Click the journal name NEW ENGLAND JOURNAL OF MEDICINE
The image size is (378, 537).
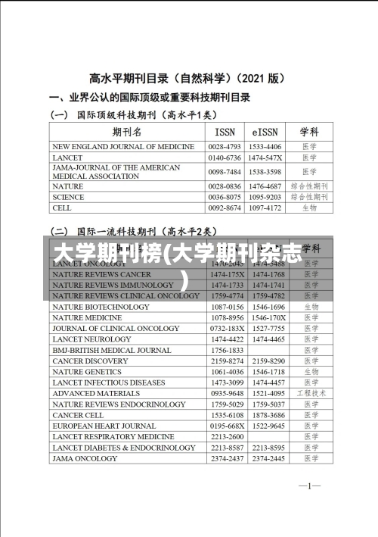coord(123,146)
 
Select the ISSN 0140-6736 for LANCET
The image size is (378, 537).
coord(225,158)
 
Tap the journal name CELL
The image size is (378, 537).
coord(63,207)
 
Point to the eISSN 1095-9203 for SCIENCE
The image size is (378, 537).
coord(265,196)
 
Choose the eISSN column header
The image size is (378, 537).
coord(265,131)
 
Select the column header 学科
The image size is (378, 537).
coord(310,131)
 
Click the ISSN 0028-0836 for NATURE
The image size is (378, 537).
coord(225,186)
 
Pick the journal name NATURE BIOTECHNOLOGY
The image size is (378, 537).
coord(101,307)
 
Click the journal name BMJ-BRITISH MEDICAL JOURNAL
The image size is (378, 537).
coord(112,351)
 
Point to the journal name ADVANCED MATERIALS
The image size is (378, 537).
coord(96,394)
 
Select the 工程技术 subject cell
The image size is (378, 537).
coord(310,394)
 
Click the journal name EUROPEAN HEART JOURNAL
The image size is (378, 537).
coord(104,426)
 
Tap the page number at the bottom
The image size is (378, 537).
coord(310,485)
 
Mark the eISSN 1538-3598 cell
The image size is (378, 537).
coord(265,171)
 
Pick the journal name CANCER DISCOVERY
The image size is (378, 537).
coord(91,361)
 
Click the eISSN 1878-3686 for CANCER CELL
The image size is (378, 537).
coord(268,415)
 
